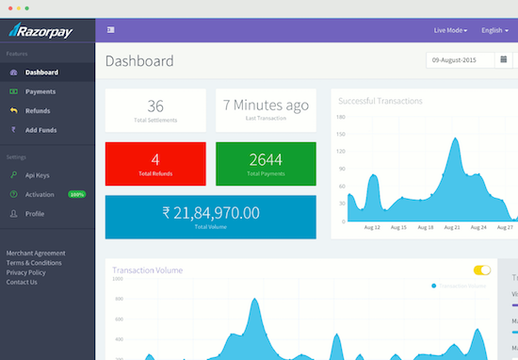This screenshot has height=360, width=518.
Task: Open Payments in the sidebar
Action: [40, 91]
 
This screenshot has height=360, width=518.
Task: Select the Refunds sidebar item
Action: [38, 110]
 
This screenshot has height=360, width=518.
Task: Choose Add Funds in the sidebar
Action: [42, 129]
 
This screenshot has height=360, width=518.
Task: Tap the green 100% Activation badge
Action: [76, 194]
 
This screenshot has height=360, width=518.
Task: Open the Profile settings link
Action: [35, 214]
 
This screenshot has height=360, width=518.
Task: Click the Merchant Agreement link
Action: [36, 254]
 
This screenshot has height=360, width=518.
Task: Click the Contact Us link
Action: [23, 282]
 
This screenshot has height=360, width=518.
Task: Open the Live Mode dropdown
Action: [450, 30]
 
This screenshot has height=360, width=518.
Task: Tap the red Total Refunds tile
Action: [155, 163]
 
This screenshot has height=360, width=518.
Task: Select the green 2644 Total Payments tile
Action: [266, 163]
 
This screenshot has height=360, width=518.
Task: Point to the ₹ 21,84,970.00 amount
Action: [211, 213]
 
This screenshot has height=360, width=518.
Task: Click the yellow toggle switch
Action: [482, 270]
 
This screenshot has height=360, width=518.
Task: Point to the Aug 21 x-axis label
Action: [451, 227]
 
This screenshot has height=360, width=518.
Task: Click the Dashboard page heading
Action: [139, 61]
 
